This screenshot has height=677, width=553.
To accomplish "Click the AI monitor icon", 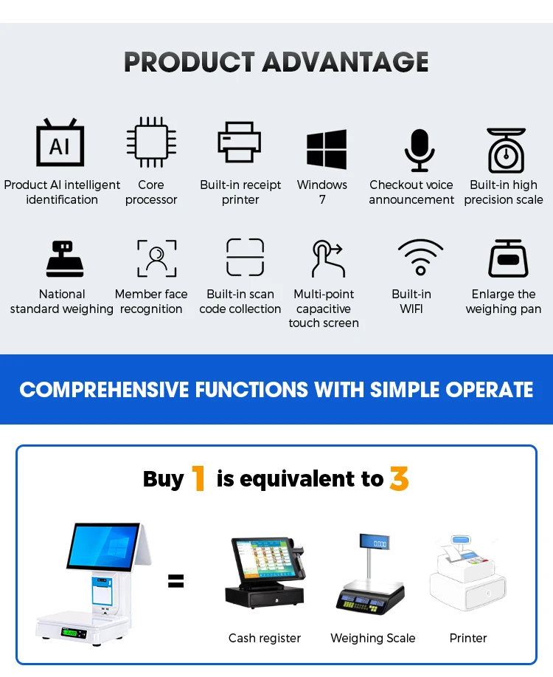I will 60,142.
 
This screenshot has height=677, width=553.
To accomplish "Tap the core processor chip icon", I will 151,142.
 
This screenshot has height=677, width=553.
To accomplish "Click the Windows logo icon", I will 327,149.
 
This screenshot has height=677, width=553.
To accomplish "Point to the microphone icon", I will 420,150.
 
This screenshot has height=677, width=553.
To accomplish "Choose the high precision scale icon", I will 507,150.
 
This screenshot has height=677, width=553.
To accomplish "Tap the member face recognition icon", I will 156,258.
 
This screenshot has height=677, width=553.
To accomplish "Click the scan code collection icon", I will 245,258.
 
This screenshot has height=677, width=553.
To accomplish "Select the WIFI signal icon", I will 420,258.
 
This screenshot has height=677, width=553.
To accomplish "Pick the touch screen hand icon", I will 328,258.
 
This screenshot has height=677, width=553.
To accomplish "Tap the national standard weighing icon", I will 65,258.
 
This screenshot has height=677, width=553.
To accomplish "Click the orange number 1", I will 198,478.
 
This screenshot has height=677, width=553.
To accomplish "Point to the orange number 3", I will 399,479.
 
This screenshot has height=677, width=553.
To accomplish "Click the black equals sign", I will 175,581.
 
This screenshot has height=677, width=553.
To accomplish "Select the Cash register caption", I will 265,638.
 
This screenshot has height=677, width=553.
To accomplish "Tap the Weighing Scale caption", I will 373,638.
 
